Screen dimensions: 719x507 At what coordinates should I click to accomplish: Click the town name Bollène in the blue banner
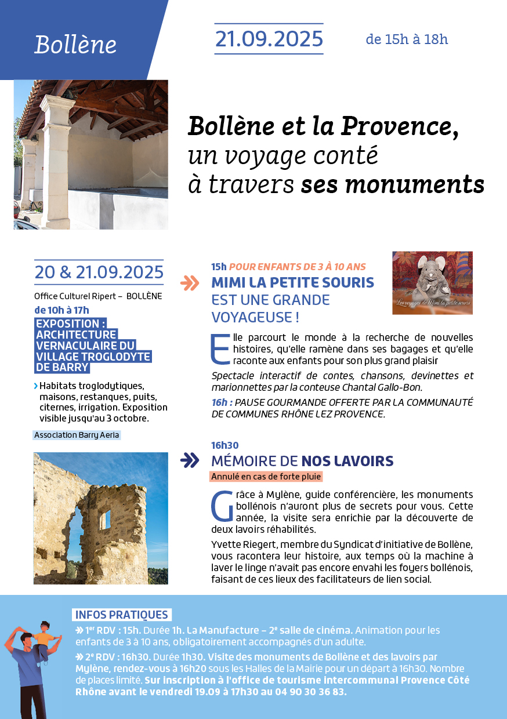pyautogui.click(x=75, y=45)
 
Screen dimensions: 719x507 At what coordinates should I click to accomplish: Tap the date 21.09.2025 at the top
pyautogui.click(x=269, y=39)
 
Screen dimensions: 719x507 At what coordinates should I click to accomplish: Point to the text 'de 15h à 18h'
pyautogui.click(x=407, y=39)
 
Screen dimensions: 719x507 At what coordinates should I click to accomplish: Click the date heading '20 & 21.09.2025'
pyautogui.click(x=99, y=272)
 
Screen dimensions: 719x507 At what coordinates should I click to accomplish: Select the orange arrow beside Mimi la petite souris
pyautogui.click(x=190, y=283)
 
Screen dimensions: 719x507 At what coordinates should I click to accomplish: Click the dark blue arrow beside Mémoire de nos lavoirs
pyautogui.click(x=190, y=460)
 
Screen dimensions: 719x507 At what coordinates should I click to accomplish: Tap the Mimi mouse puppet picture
pyautogui.click(x=432, y=282)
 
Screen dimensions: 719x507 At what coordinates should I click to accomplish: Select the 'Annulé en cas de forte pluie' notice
pyautogui.click(x=266, y=477)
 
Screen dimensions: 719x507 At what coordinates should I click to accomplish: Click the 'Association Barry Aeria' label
pyautogui.click(x=77, y=435)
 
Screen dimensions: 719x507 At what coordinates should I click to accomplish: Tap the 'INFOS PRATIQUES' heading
pyautogui.click(x=122, y=615)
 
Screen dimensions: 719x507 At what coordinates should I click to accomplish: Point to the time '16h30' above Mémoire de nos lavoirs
pyautogui.click(x=225, y=445)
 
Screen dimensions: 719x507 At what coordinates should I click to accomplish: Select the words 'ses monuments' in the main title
pyautogui.click(x=393, y=184)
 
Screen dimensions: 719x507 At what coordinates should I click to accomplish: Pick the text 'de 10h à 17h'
pyautogui.click(x=61, y=310)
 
